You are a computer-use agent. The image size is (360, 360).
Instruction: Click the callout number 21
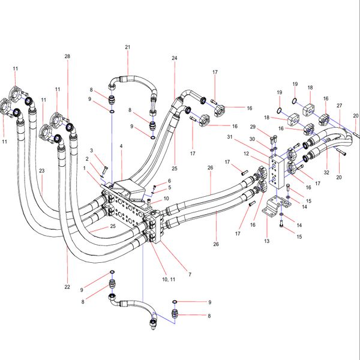coord(127,47)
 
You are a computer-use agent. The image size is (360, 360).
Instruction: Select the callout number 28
coord(67,56)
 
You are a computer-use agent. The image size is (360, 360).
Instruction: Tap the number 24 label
coord(175,58)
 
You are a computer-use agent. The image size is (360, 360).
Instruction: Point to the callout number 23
coord(42,170)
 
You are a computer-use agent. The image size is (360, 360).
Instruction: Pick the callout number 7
coord(190,275)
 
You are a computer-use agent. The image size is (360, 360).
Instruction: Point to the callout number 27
coord(339,106)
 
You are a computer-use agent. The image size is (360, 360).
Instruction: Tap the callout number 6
coord(169,181)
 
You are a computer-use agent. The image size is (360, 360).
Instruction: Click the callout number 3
coord(92,150)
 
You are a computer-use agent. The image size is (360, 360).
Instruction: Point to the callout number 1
coord(85,170)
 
